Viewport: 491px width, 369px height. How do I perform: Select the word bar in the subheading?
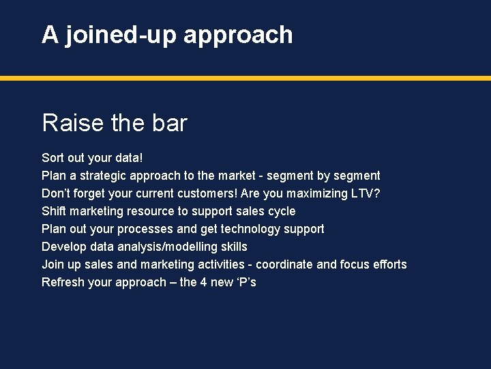[170, 123]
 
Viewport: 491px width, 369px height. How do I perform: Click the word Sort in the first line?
[53, 158]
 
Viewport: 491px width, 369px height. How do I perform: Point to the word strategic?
[109, 176]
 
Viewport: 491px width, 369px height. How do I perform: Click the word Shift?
[54, 211]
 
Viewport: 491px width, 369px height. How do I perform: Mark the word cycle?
[281, 211]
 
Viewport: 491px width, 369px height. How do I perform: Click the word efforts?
[389, 264]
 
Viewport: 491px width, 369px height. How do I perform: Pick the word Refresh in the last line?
[63, 282]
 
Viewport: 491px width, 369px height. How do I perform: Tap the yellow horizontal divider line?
[245, 79]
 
